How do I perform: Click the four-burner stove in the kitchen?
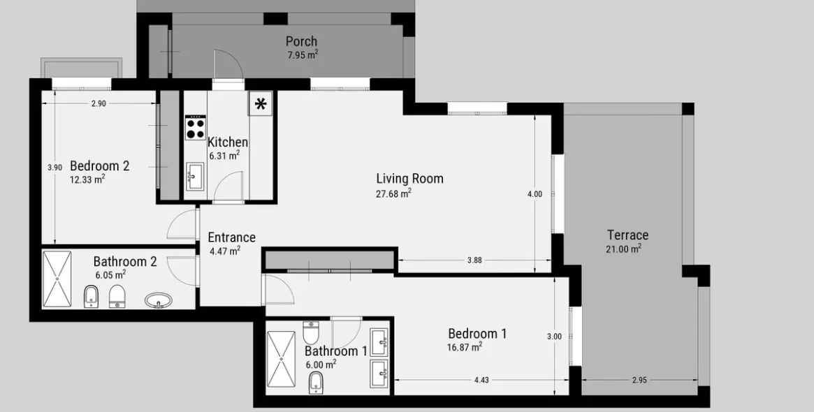click(x=196, y=128)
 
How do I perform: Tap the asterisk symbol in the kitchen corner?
click(x=261, y=105)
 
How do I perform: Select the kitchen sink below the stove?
click(x=196, y=177)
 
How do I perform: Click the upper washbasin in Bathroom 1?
click(x=379, y=341)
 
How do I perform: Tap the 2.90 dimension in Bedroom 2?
click(x=99, y=103)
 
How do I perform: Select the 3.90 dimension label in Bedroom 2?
click(x=54, y=168)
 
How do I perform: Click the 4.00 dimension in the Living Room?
click(x=535, y=194)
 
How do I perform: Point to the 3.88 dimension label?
click(x=474, y=260)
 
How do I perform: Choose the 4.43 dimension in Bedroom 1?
click(x=481, y=380)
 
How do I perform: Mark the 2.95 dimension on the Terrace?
click(x=639, y=380)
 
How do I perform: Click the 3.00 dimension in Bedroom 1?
click(x=554, y=336)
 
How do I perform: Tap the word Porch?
click(x=301, y=41)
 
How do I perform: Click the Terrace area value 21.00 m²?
click(x=623, y=249)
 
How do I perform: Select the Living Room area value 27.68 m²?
click(x=393, y=193)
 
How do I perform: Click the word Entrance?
click(x=231, y=237)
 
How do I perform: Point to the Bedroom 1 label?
click(x=477, y=333)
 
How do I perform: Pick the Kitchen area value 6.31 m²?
click(x=224, y=156)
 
